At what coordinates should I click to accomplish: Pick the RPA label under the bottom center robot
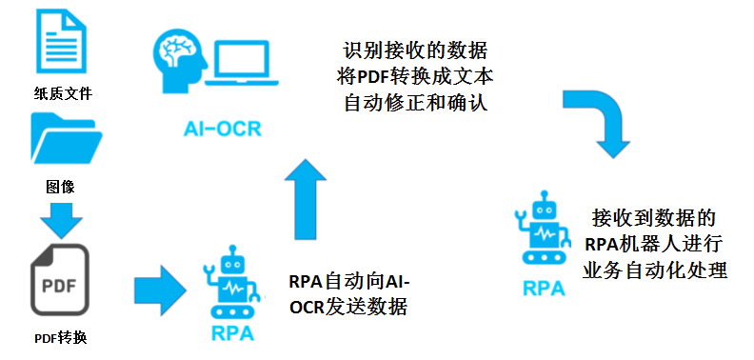pyautogui.click(x=233, y=333)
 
